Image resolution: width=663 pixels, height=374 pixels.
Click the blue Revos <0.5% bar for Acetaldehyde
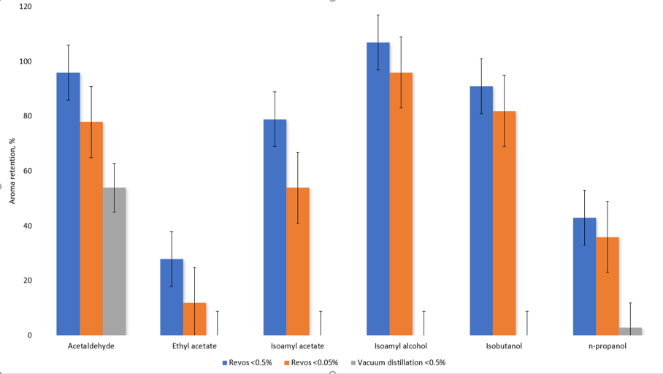click(x=68, y=205)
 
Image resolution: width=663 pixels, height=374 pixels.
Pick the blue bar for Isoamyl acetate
click(x=275, y=227)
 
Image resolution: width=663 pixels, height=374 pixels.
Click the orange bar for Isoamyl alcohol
click(x=401, y=205)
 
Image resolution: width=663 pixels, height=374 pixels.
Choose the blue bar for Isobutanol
click(x=481, y=211)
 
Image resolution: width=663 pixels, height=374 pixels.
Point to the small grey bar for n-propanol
click(x=630, y=332)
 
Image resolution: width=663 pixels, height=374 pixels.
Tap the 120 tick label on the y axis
click(x=26, y=7)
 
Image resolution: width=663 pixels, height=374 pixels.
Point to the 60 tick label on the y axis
click(x=28, y=171)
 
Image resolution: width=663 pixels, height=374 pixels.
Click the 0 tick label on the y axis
click(x=30, y=335)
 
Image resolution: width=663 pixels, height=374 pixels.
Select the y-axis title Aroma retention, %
click(x=12, y=172)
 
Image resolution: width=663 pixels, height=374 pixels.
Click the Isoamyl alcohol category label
click(x=400, y=346)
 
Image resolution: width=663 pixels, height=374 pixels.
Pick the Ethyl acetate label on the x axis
click(x=194, y=346)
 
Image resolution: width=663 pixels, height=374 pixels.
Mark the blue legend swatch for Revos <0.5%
click(x=225, y=362)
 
